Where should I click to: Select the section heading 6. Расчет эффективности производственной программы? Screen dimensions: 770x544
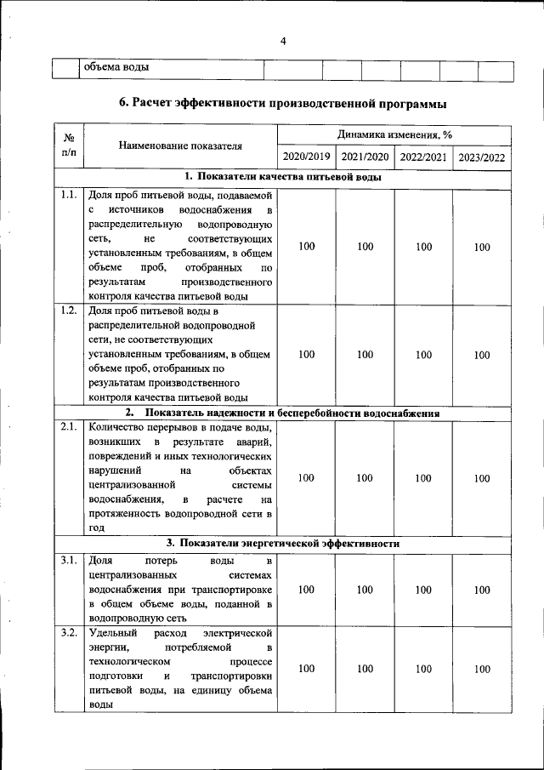click(282, 104)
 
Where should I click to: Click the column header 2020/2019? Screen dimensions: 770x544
click(306, 157)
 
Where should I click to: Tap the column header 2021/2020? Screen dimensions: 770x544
click(365, 157)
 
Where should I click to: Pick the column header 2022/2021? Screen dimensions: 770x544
click(423, 157)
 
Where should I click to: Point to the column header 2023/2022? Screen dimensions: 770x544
click(482, 157)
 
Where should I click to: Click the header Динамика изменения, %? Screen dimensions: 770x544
click(394, 134)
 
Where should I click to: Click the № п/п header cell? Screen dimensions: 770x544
click(69, 145)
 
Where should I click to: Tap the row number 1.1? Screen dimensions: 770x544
click(69, 196)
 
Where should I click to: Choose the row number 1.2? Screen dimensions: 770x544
click(69, 310)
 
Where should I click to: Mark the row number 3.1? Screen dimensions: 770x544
click(69, 560)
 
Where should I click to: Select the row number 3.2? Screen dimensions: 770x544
click(69, 633)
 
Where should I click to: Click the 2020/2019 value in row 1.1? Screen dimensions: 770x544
click(306, 247)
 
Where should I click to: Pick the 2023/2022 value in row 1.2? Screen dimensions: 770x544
click(482, 355)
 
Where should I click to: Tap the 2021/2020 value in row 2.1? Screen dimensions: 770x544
click(365, 478)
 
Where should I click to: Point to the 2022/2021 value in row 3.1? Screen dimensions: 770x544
click(423, 590)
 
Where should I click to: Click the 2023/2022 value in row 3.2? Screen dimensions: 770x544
click(482, 670)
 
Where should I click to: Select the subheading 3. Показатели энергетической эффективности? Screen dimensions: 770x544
click(282, 543)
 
